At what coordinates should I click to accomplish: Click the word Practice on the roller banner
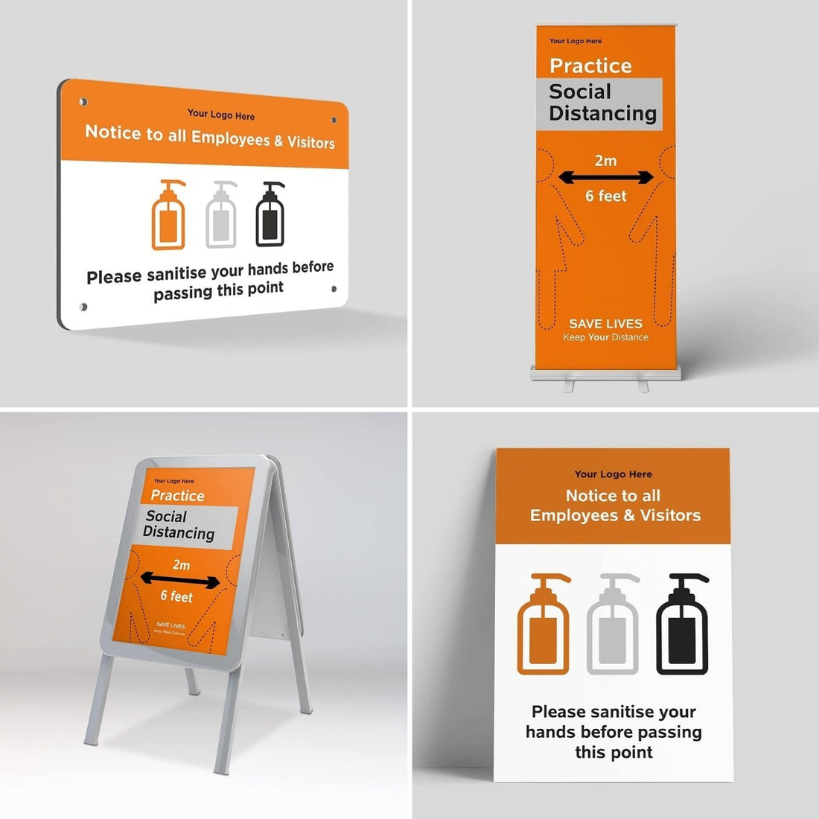[x=590, y=66]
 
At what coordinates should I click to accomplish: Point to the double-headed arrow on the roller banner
[x=605, y=178]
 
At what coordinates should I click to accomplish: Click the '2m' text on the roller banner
[x=605, y=160]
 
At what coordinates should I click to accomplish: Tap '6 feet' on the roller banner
[x=605, y=196]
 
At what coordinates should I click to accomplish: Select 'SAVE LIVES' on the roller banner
[x=605, y=323]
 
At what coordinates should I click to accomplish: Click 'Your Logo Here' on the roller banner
[x=576, y=41]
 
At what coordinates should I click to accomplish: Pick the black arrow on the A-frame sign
[x=180, y=581]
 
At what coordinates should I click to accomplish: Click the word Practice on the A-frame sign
[x=177, y=495]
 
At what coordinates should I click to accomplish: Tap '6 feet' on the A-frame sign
[x=176, y=596]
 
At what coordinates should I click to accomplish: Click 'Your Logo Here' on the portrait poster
[x=613, y=474]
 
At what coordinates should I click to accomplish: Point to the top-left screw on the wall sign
[x=83, y=101]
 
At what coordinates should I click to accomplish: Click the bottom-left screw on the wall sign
[x=83, y=307]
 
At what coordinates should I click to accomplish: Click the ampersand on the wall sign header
[x=278, y=140]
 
